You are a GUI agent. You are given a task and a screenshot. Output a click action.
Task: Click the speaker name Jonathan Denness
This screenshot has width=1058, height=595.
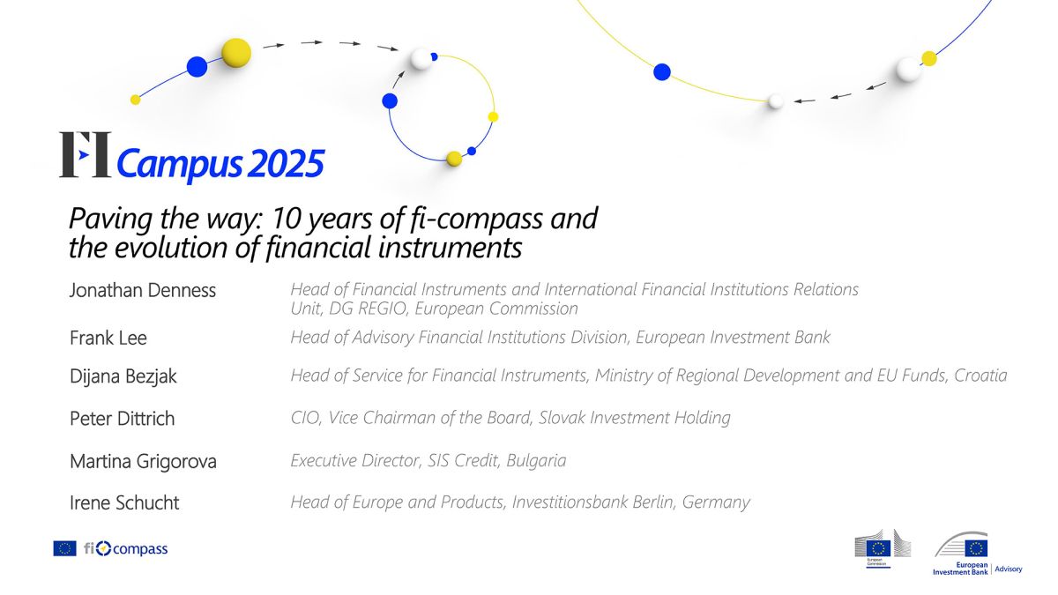[x=143, y=290]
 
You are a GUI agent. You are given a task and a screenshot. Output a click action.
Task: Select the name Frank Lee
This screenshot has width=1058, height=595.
[x=108, y=338]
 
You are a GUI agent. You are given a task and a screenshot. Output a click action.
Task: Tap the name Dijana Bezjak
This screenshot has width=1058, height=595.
[x=123, y=376]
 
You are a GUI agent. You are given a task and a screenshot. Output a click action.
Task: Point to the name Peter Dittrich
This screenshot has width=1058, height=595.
[x=123, y=419]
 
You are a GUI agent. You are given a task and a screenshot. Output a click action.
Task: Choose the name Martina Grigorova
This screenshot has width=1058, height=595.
[x=143, y=461]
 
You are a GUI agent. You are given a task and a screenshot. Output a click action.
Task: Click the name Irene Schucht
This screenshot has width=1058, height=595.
[x=124, y=502]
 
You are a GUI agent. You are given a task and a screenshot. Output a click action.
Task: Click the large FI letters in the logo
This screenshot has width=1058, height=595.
[x=85, y=154]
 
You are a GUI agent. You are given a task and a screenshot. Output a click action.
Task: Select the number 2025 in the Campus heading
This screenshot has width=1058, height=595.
[x=286, y=164]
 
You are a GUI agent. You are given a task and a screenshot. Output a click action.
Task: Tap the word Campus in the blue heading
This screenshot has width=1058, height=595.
[x=180, y=166]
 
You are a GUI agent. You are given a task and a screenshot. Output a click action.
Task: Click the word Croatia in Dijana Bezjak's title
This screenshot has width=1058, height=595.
[x=980, y=376]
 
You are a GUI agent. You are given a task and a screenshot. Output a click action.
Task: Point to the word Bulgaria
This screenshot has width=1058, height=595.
[x=536, y=460]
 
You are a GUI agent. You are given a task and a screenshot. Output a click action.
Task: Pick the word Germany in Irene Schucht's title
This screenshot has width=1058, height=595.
[x=716, y=502]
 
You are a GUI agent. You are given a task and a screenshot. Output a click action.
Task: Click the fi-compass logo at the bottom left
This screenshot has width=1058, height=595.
[x=125, y=548]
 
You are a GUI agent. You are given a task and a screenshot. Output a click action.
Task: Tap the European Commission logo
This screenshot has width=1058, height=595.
[x=883, y=548]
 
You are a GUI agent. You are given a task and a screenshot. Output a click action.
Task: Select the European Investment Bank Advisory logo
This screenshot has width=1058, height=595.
[x=977, y=554]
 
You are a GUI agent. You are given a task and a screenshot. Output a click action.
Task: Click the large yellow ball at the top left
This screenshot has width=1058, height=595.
[x=236, y=53]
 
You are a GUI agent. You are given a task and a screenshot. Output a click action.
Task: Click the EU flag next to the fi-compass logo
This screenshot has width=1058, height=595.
[x=64, y=548]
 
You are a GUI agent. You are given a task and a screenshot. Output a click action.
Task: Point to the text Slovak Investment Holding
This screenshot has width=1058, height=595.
[x=634, y=418]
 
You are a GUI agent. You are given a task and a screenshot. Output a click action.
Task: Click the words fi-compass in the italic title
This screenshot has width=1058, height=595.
[x=476, y=219]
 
